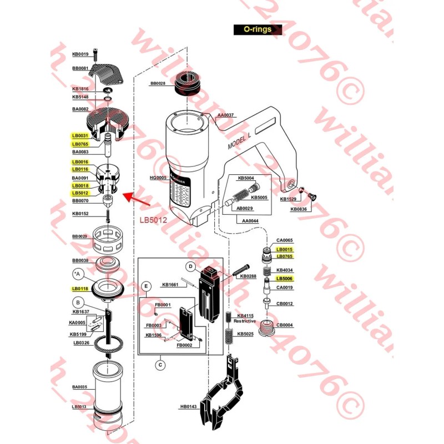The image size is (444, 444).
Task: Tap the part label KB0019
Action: [80, 54]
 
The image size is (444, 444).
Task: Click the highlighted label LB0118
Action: [80, 289]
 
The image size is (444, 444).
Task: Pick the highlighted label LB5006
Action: [285, 279]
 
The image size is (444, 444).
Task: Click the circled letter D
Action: [190, 267]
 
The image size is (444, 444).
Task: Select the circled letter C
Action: [160, 365]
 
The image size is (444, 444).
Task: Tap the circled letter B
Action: [79, 302]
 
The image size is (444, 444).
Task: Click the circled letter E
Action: [147, 286]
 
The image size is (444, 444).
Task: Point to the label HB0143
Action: [189, 407]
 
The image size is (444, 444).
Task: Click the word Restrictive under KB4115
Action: [245, 321]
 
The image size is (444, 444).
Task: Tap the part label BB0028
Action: [158, 84]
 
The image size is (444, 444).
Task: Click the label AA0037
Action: [226, 115]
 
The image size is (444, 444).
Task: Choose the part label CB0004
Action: [285, 325]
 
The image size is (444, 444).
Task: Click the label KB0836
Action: [299, 209]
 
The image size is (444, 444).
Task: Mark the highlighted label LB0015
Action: [285, 250]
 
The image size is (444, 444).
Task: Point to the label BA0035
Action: [80, 387]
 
